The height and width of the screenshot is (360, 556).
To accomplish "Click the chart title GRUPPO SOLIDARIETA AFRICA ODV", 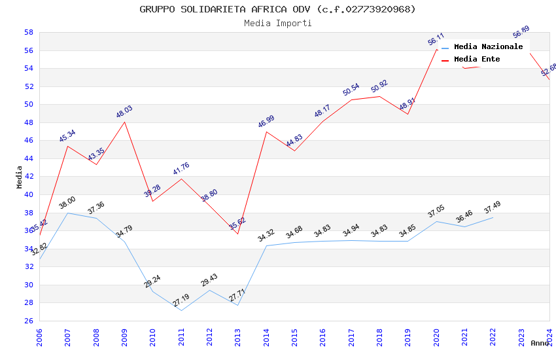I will click(x=277, y=9).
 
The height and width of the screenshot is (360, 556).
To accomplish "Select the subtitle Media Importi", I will click(x=277, y=23).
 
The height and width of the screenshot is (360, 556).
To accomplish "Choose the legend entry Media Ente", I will click(x=477, y=60).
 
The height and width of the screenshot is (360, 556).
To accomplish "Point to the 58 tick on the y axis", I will click(x=29, y=32).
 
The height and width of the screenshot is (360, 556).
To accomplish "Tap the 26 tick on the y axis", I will click(x=29, y=321).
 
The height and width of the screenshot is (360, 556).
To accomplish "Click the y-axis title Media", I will click(x=20, y=177).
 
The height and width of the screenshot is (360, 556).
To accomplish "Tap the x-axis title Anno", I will click(x=540, y=343).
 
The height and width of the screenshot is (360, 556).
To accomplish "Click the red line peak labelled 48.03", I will click(x=124, y=122).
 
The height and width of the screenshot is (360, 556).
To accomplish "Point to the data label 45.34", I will click(x=67, y=136).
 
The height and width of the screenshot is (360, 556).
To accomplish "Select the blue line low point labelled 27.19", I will click(x=181, y=310).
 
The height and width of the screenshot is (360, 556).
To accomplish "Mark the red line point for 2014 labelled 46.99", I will click(x=266, y=132).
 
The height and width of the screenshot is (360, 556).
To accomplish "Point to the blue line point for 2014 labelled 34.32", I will click(x=266, y=245).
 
